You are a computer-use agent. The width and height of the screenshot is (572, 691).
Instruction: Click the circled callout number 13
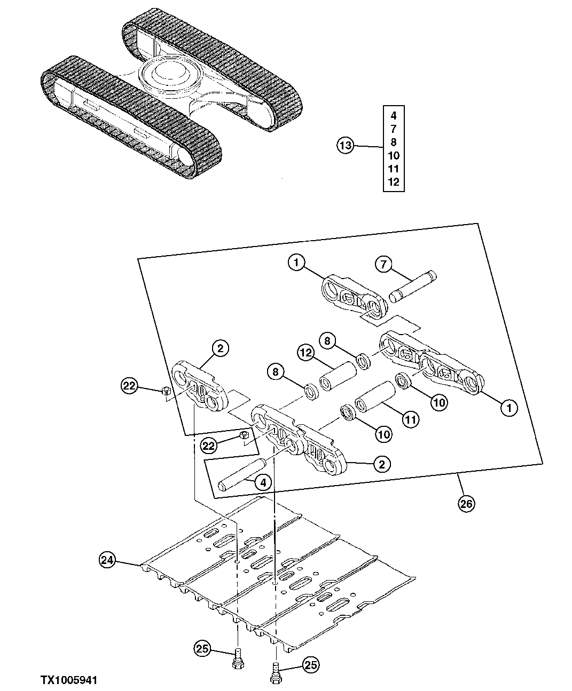point(346,145)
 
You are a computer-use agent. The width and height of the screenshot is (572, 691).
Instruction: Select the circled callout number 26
point(466,504)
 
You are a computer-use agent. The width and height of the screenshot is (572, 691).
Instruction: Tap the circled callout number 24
point(107,560)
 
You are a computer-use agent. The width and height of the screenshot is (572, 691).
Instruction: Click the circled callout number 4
point(262,482)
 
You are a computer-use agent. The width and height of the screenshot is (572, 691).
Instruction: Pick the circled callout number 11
point(410,420)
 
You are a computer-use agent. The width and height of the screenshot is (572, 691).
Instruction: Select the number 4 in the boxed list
point(394,115)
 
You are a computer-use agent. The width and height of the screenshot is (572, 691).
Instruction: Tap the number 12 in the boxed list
point(394,182)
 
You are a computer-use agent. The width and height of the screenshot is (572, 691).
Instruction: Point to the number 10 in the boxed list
point(394,155)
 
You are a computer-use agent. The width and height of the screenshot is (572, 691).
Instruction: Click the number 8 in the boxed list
point(394,142)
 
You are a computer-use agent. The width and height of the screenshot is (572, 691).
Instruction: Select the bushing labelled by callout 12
point(338,376)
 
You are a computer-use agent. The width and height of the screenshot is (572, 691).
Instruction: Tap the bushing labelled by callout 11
point(375,397)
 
